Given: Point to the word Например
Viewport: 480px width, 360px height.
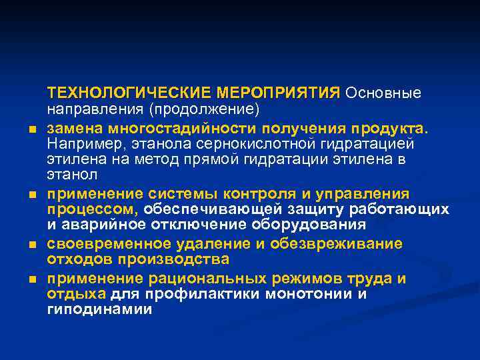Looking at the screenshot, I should coord(79,143).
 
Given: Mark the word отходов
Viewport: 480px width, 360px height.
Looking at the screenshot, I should coord(75,259).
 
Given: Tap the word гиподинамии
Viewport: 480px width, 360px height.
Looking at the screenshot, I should coord(99,309).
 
